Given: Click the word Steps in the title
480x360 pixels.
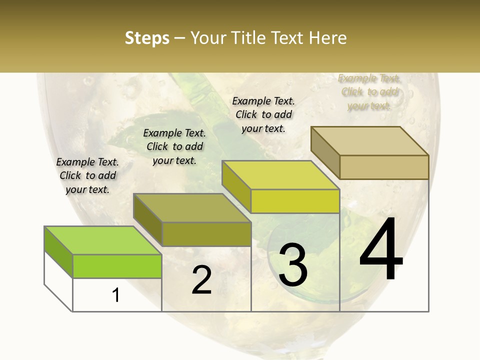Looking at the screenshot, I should (147, 38).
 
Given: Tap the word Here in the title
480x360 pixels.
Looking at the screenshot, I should (327, 38).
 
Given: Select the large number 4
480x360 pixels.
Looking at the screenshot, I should (381, 249).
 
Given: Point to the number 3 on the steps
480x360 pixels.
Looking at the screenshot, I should (292, 265).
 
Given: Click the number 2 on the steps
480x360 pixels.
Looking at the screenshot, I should (201, 280).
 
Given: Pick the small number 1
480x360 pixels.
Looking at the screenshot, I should (116, 295).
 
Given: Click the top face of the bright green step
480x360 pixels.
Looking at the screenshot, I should (103, 240).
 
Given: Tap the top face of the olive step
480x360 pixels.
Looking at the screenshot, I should (192, 207).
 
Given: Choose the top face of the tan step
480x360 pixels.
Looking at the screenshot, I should (369, 140).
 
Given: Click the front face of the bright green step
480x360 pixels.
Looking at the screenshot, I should (117, 266).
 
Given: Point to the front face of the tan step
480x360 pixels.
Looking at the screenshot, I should (384, 167).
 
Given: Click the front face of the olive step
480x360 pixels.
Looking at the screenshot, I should (206, 234).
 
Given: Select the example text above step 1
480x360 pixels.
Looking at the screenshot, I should (87, 175).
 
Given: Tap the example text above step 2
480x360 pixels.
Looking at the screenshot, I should (174, 146).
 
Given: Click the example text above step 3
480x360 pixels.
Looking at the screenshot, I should (263, 114).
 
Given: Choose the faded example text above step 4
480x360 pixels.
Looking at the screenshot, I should (369, 92).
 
